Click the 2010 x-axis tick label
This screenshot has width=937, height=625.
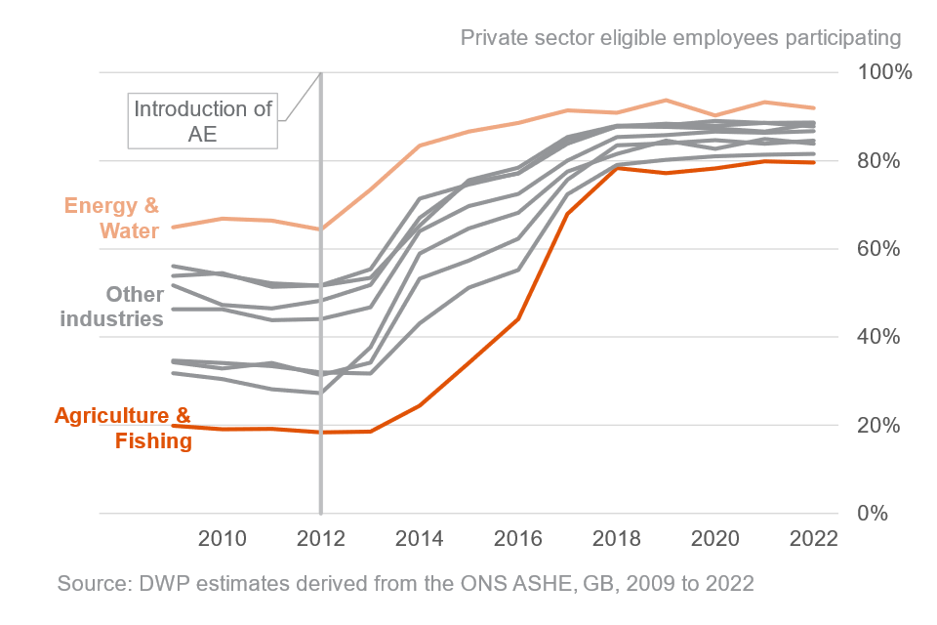(223, 540)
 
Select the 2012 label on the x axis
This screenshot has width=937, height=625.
(320, 540)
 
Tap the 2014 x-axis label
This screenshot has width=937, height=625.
(420, 540)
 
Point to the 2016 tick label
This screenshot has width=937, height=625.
(518, 540)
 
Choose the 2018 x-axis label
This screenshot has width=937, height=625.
(617, 540)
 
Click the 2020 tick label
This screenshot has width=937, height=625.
(715, 540)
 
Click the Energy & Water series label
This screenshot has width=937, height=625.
(112, 219)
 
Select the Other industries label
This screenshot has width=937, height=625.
(111, 307)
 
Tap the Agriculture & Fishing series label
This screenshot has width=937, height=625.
(123, 428)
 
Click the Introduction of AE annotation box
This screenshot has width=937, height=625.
(203, 121)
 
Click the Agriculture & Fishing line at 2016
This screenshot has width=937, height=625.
(518, 318)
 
